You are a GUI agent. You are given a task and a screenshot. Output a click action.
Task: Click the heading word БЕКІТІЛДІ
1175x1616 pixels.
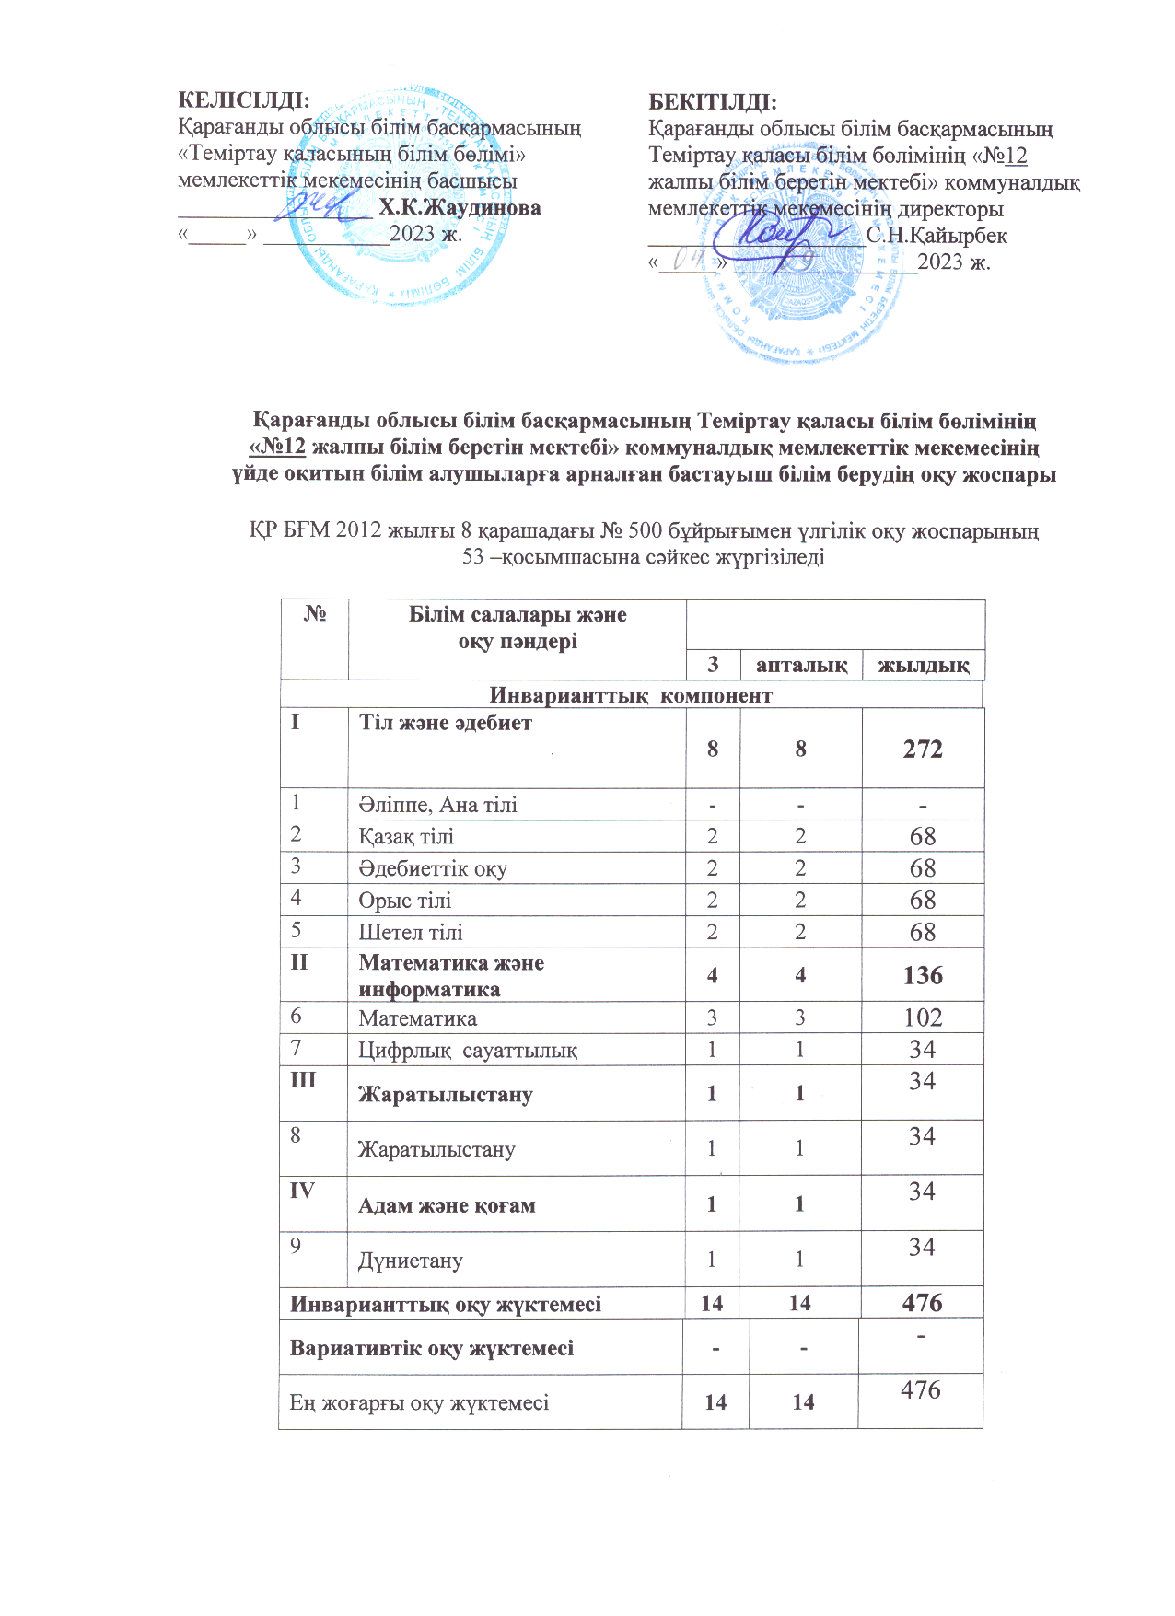pos(713,100)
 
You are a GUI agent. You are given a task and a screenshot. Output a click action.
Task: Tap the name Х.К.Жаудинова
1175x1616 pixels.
pos(460,208)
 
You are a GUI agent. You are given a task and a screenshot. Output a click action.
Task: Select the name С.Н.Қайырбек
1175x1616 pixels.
pos(937,236)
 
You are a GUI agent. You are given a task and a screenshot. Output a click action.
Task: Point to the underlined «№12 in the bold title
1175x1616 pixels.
pos(277,448)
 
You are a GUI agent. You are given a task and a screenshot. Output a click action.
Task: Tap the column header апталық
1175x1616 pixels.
pos(801,665)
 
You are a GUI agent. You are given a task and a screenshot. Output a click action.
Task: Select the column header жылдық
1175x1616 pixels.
pos(924,665)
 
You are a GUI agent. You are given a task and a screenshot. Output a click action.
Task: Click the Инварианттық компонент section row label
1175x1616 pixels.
pos(631,695)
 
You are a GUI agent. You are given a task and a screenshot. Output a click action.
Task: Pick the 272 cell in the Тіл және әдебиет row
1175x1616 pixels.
pos(923,749)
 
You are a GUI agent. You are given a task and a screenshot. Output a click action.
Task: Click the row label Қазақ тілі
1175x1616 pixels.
pos(406,836)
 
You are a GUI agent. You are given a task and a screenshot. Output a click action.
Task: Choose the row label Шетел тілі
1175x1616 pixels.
pos(411,932)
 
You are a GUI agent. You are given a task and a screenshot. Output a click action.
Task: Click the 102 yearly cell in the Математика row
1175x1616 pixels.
pos(923,1017)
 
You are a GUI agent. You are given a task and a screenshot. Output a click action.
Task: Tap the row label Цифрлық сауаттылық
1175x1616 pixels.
pos(468,1050)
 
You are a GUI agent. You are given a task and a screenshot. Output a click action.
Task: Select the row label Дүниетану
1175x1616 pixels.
pos(411,1261)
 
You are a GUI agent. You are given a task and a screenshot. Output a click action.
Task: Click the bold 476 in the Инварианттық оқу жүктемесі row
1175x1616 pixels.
pos(923,1303)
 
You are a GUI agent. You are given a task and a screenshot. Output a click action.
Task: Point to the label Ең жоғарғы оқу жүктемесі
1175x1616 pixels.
pos(419,1402)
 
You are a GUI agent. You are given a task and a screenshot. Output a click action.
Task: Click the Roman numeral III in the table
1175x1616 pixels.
pos(303,1080)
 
